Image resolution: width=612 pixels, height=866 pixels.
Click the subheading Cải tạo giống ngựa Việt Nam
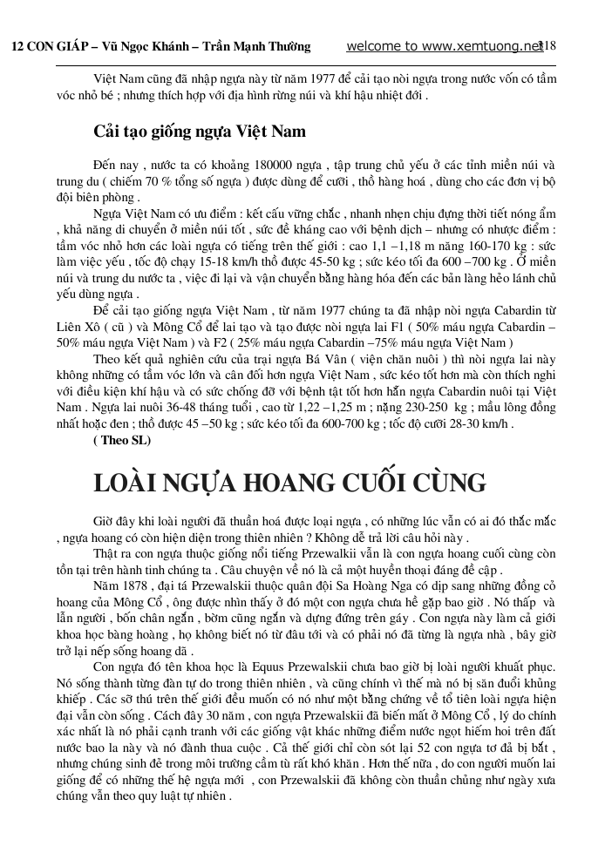200,132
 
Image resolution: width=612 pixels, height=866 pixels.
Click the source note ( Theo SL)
121,441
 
